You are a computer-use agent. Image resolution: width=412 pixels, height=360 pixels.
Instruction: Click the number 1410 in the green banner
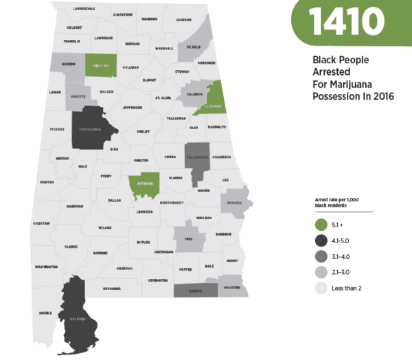[346, 23]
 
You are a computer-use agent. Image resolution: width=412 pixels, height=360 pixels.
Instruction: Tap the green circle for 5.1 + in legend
[320, 225]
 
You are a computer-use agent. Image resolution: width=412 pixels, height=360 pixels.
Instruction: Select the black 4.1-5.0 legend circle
[320, 240]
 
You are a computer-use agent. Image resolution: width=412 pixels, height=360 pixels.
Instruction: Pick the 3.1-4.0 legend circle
[320, 256]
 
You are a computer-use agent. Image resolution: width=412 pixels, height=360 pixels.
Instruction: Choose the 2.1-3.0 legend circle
[320, 272]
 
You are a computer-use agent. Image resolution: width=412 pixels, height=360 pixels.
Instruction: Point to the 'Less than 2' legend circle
[320, 288]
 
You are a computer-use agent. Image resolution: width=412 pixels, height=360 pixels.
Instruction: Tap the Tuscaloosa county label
[91, 128]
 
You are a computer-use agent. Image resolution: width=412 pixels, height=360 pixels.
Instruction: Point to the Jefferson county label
[132, 108]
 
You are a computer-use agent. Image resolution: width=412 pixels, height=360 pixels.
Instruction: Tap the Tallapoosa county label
[198, 157]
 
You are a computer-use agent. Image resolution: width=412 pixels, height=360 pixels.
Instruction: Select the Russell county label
[236, 203]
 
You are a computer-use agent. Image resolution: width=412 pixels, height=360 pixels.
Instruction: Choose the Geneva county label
[196, 290]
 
